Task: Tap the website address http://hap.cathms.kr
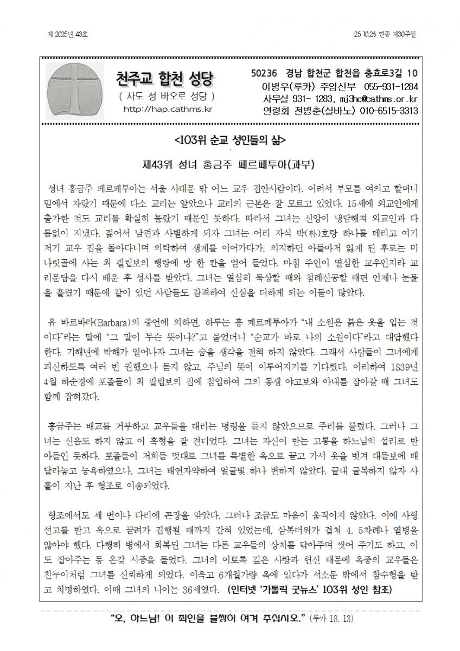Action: point(167,109)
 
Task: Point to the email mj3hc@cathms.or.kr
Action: point(374,99)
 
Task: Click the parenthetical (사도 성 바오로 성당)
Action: point(167,97)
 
